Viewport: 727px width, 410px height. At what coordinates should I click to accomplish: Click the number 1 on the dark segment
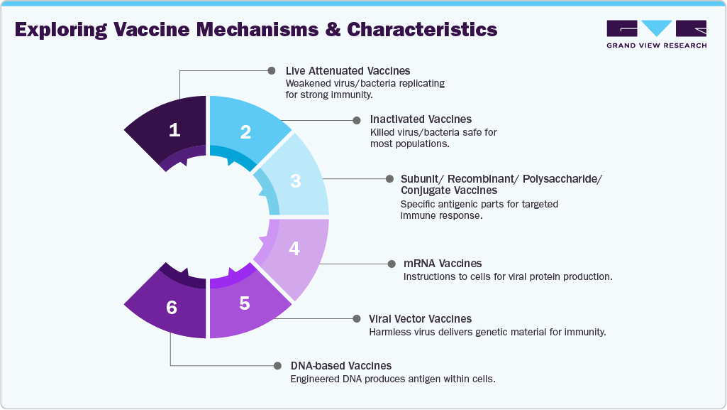pyautogui.click(x=174, y=130)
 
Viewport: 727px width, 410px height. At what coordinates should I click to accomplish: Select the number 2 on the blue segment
pyautogui.click(x=245, y=132)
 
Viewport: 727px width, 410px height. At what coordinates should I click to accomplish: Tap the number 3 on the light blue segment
pyautogui.click(x=296, y=180)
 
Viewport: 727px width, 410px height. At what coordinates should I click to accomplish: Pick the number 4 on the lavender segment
pyautogui.click(x=294, y=249)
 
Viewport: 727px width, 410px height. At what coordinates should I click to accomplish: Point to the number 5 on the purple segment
pyautogui.click(x=245, y=303)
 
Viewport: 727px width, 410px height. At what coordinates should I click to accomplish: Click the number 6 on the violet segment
pyautogui.click(x=171, y=307)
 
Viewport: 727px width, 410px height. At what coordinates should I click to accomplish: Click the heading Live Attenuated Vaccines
pyautogui.click(x=348, y=71)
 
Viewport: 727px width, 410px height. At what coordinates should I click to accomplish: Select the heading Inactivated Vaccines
pyautogui.click(x=421, y=119)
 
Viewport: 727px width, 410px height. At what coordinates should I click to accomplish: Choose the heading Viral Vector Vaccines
pyautogui.click(x=420, y=319)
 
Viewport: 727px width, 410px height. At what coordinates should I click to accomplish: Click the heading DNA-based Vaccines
pyautogui.click(x=340, y=366)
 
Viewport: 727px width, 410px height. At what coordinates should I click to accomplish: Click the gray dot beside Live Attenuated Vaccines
pyautogui.click(x=271, y=70)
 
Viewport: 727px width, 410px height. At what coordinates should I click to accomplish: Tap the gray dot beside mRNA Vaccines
pyautogui.click(x=390, y=264)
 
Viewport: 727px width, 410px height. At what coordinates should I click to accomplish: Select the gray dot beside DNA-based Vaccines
pyautogui.click(x=276, y=366)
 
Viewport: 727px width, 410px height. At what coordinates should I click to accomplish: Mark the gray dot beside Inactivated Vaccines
pyautogui.click(x=356, y=119)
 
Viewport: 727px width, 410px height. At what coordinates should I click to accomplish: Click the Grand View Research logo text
pyautogui.click(x=656, y=45)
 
